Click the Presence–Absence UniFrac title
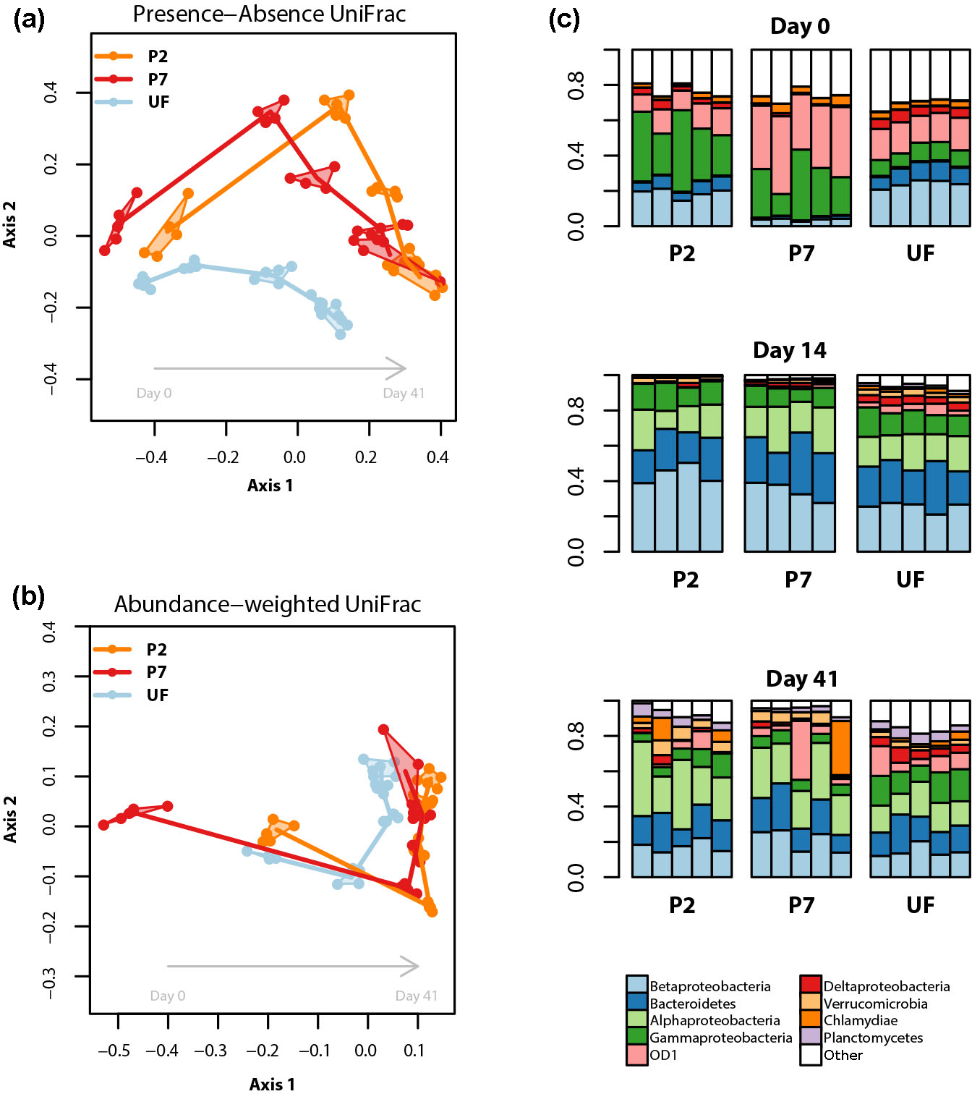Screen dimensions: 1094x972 pyautogui.click(x=269, y=14)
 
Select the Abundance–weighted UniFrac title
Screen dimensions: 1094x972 pyautogui.click(x=268, y=604)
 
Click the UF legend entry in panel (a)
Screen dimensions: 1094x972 pyautogui.click(x=158, y=102)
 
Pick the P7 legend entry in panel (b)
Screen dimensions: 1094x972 pyautogui.click(x=156, y=672)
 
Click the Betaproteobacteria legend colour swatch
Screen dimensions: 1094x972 pyautogui.click(x=637, y=985)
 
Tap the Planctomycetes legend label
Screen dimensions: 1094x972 pyautogui.click(x=873, y=1038)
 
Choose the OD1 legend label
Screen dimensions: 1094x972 pyautogui.click(x=663, y=1055)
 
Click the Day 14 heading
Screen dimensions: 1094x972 pyautogui.click(x=789, y=351)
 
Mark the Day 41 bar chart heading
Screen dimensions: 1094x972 pyautogui.click(x=802, y=679)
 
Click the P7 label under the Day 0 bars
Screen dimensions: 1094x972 pyautogui.click(x=801, y=254)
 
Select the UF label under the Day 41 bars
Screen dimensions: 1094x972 pyautogui.click(x=920, y=905)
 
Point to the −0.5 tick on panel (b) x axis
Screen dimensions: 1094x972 pyautogui.click(x=114, y=1051)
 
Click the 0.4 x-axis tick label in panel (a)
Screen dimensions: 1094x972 pyautogui.click(x=438, y=457)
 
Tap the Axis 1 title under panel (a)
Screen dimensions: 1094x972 pyautogui.click(x=270, y=485)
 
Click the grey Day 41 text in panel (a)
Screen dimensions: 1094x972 pyautogui.click(x=404, y=394)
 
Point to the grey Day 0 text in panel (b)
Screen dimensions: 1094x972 pyautogui.click(x=167, y=996)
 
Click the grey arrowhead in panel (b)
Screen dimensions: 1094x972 pyautogui.click(x=411, y=966)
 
